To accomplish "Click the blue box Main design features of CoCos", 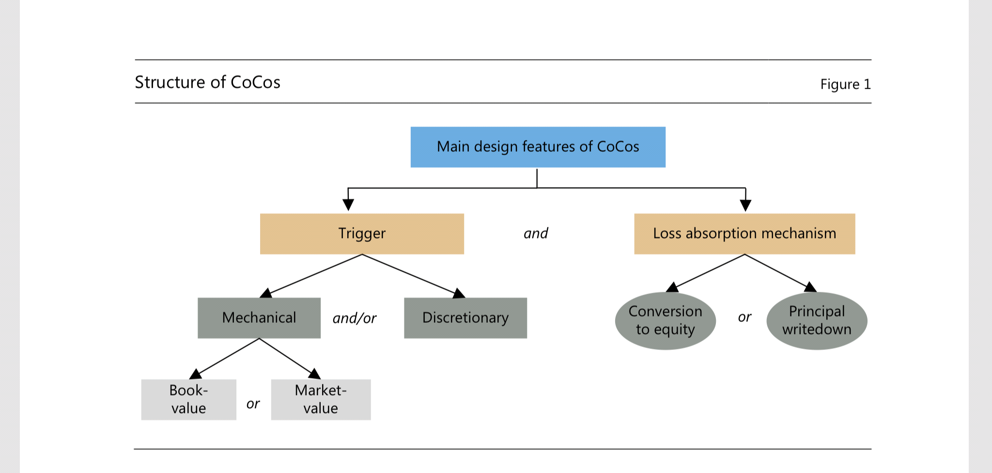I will click(x=538, y=147).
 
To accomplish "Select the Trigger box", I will click(x=362, y=234).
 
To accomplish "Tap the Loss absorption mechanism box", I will click(x=744, y=234).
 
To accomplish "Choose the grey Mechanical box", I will click(x=259, y=318).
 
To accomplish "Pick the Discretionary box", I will click(x=465, y=318).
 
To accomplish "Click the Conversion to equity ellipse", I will click(x=665, y=320).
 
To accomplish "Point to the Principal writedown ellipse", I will click(x=817, y=320).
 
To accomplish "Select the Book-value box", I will click(x=188, y=399).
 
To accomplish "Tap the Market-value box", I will click(x=321, y=399).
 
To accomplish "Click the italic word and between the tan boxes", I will click(x=536, y=234).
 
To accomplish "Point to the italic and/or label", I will click(x=354, y=318).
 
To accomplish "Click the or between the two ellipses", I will click(x=744, y=317).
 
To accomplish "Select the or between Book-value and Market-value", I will click(x=253, y=404).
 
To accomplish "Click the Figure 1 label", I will click(x=845, y=84).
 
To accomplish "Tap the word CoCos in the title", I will click(x=255, y=82).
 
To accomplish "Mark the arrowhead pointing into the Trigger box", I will click(x=348, y=205).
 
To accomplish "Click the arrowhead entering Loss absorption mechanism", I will click(x=745, y=205).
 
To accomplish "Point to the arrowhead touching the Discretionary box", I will click(x=459, y=293).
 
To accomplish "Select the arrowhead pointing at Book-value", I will click(x=196, y=374).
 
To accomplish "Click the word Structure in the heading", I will click(x=170, y=82).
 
